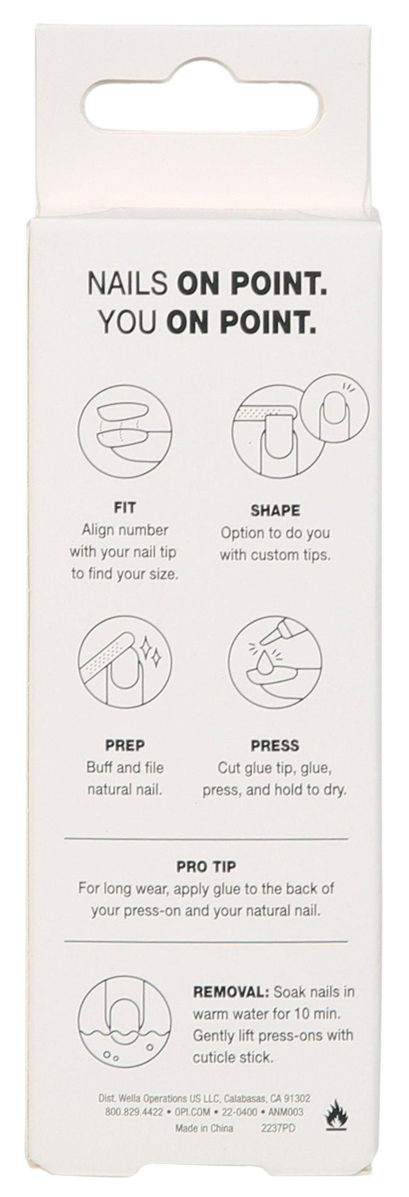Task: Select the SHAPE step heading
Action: point(275,510)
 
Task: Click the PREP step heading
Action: point(125,745)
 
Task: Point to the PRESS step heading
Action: point(275,746)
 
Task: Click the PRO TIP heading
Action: point(206,854)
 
